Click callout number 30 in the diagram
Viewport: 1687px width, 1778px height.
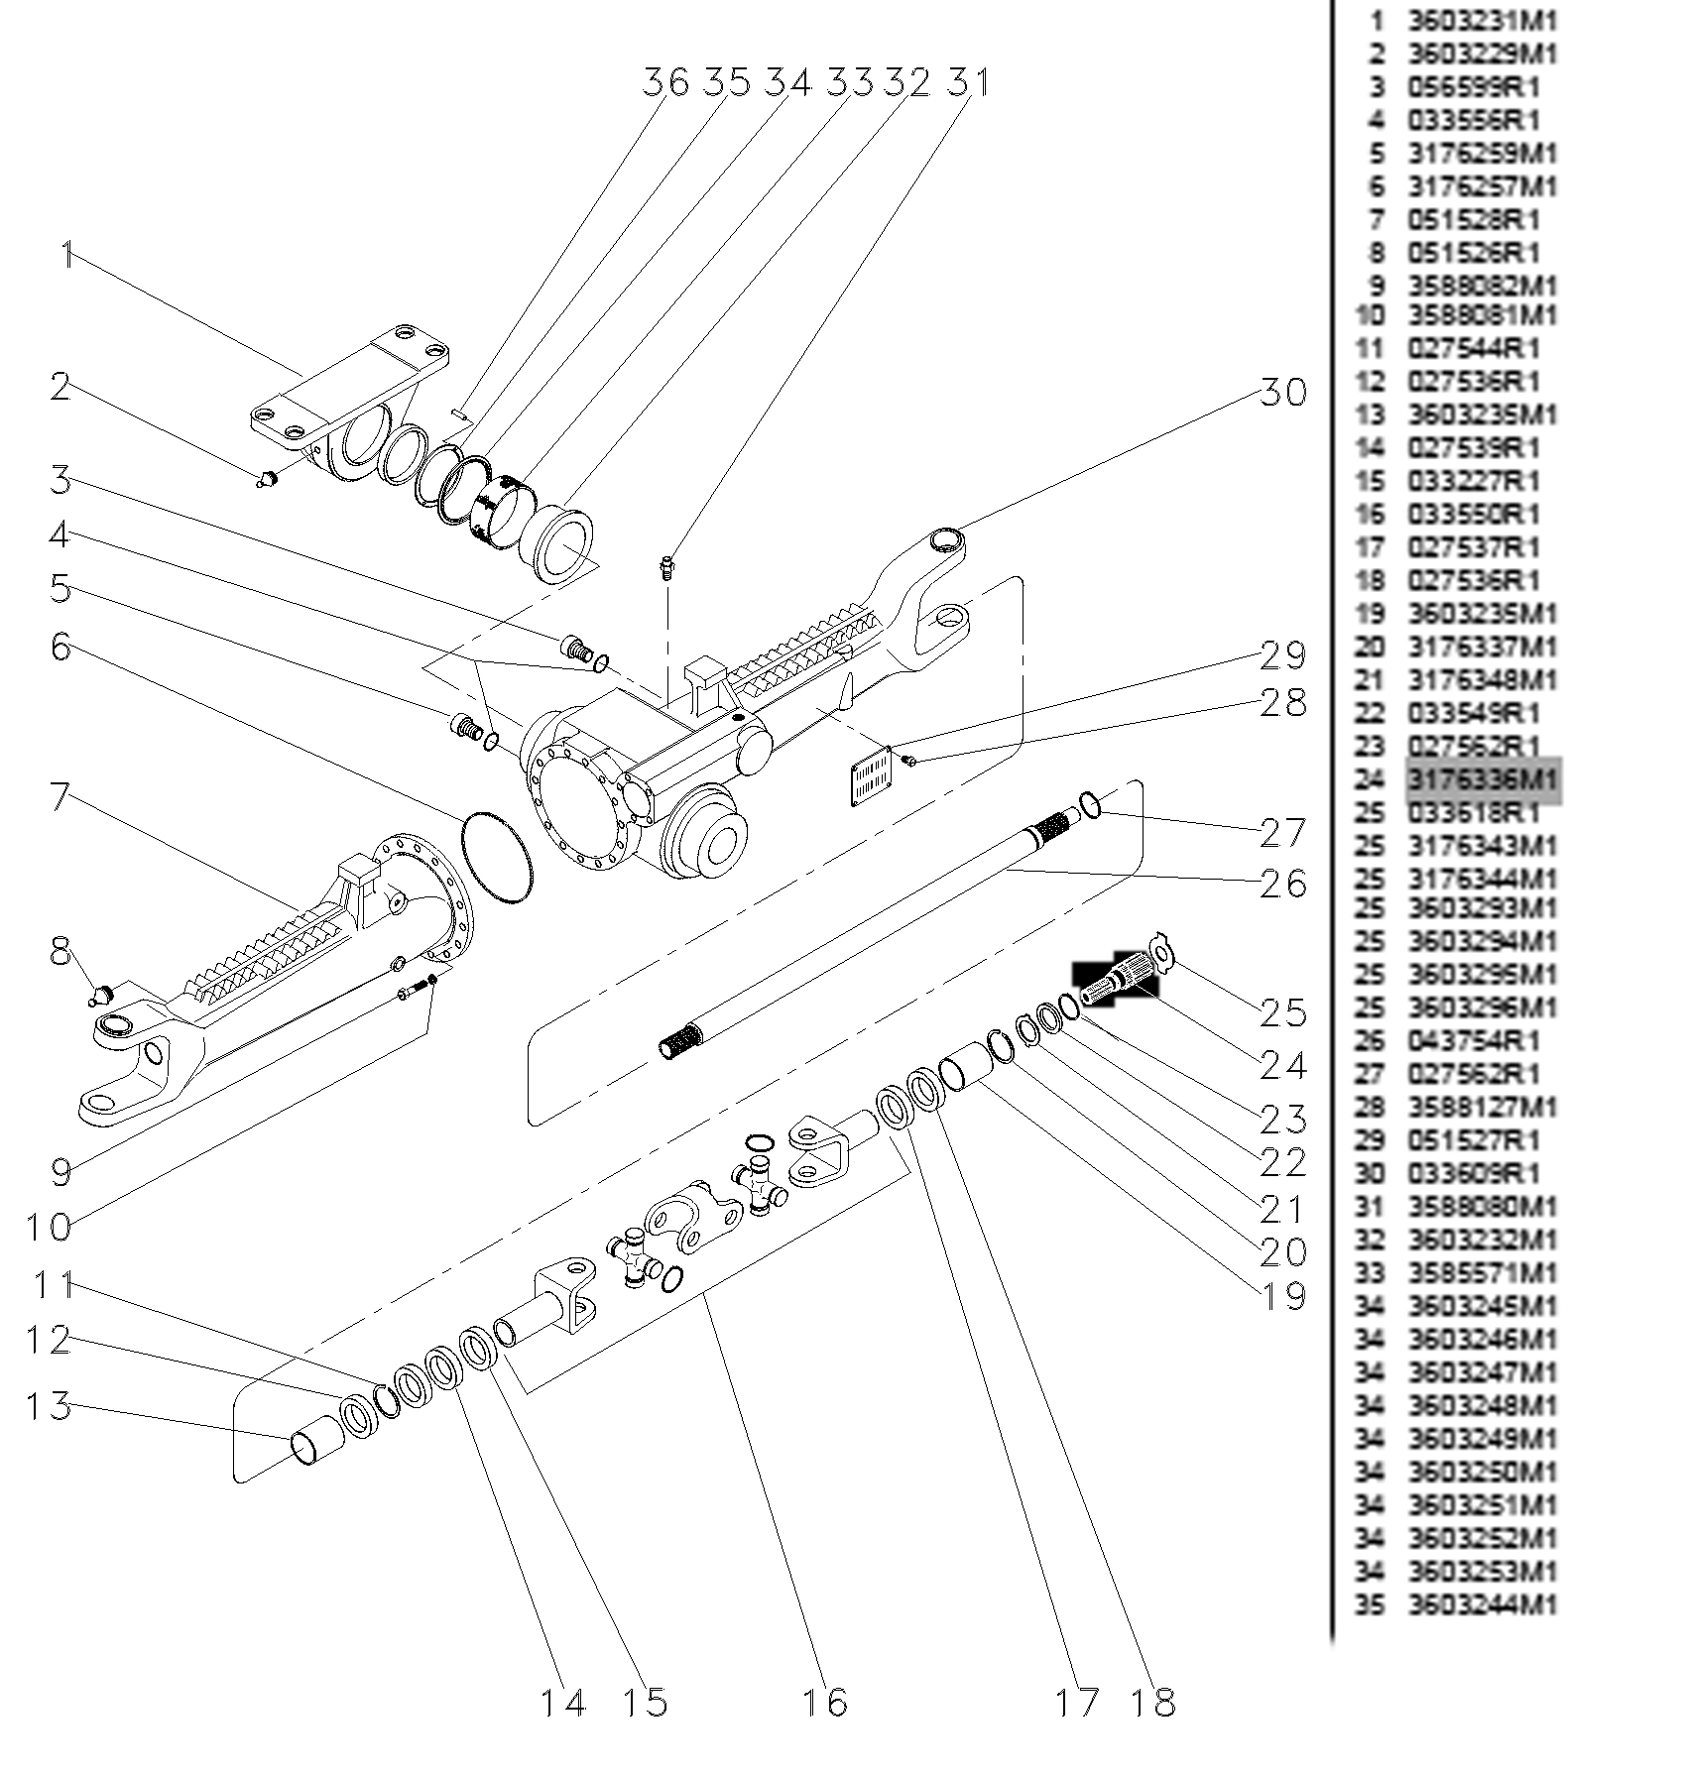tap(1282, 393)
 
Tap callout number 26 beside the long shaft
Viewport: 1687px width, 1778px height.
tap(1282, 884)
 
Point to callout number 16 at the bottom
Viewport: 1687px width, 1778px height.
tap(824, 1703)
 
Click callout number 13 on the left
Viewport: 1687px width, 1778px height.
tap(49, 1405)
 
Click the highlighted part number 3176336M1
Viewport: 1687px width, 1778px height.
tap(1483, 779)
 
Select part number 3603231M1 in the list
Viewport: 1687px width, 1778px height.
tap(1483, 21)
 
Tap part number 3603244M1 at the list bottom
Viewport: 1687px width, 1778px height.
tap(1483, 1603)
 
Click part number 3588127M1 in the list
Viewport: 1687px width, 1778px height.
tap(1483, 1107)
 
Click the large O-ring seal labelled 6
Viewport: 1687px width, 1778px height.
tap(497, 858)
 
